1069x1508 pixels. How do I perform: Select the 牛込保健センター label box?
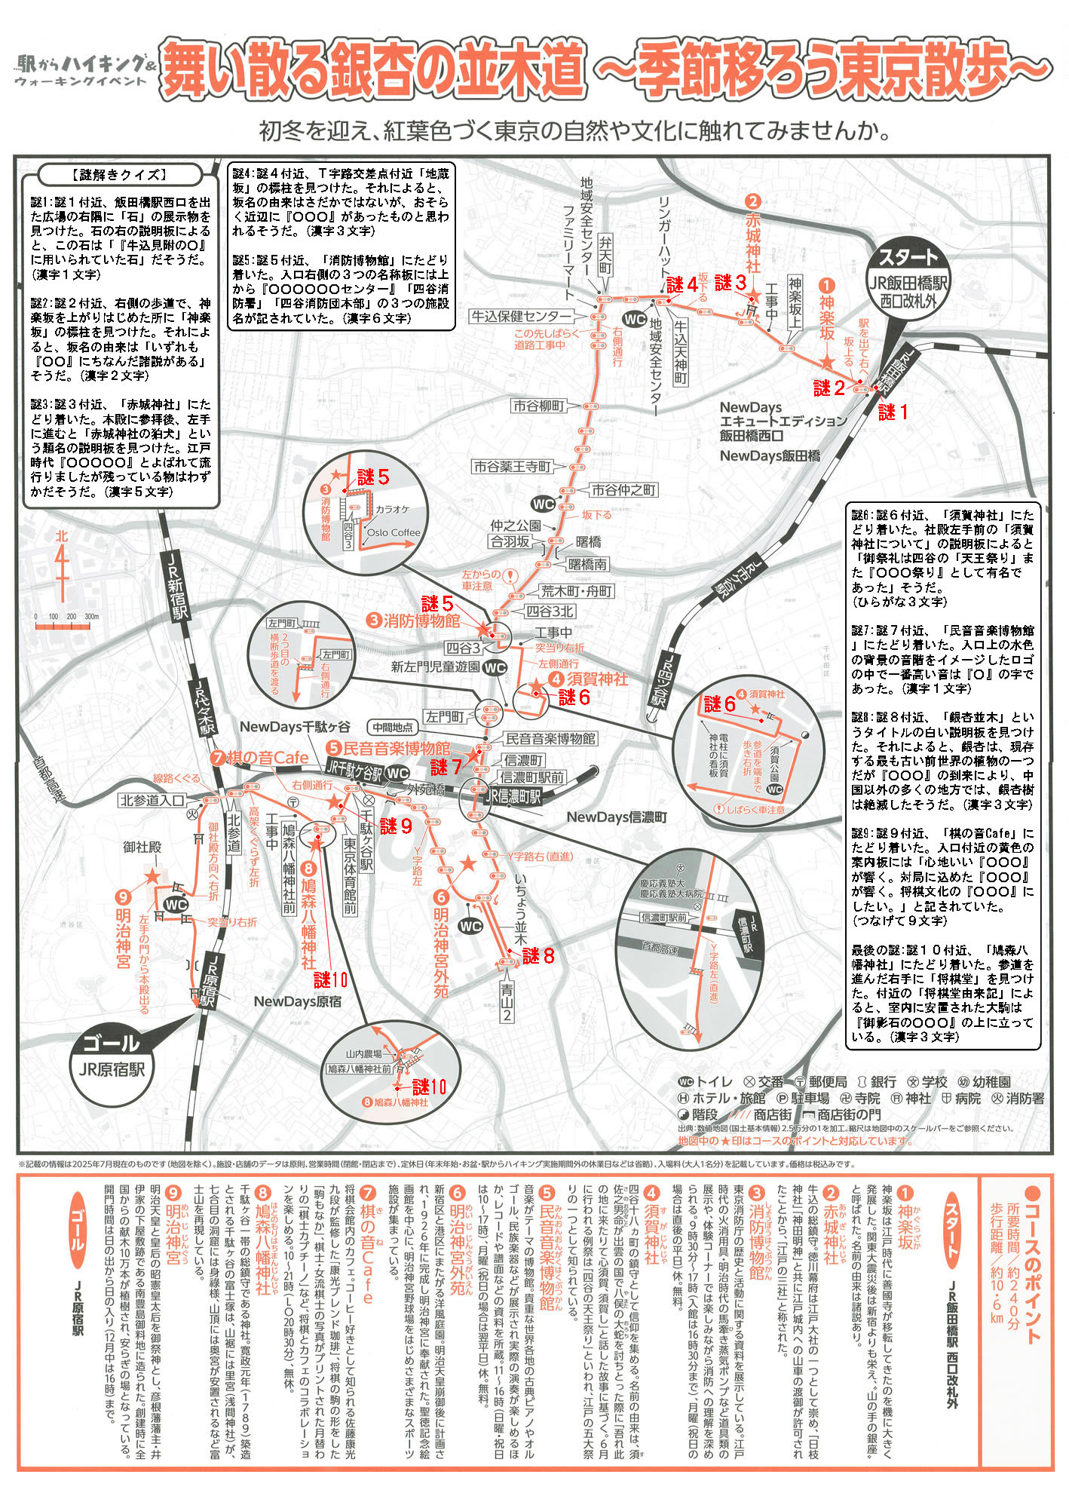pyautogui.click(x=522, y=316)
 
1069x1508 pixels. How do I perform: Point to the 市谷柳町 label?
pyautogui.click(x=539, y=406)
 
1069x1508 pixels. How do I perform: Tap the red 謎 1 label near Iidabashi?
pyautogui.click(x=893, y=412)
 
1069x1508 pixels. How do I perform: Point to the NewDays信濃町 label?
pyautogui.click(x=616, y=817)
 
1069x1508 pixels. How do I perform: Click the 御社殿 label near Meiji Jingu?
pyautogui.click(x=142, y=847)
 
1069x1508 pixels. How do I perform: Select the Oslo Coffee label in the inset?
pyautogui.click(x=393, y=532)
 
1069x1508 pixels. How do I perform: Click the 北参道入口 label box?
pyautogui.click(x=152, y=800)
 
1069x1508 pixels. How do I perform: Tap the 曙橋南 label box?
pyautogui.click(x=587, y=564)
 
